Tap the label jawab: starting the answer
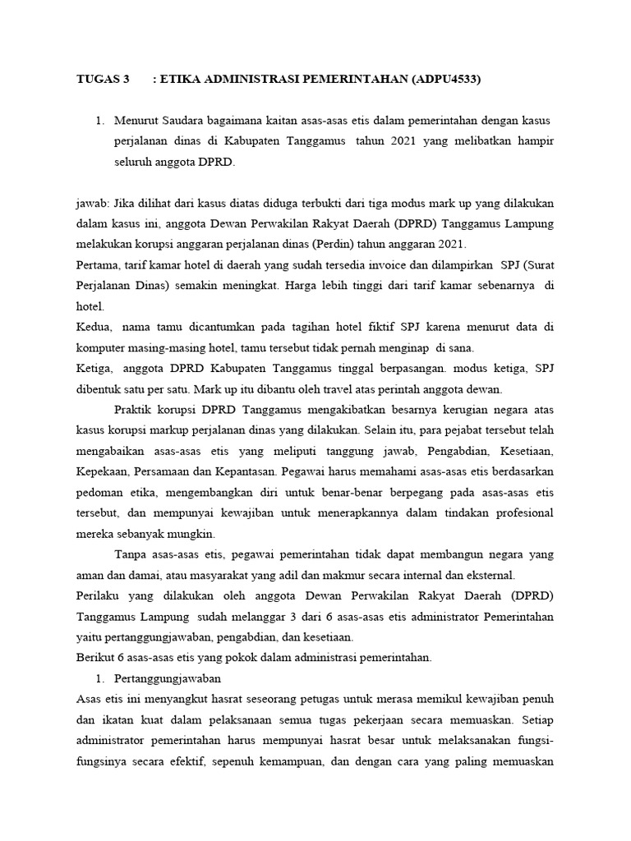point(91,203)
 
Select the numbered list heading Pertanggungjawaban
point(168,678)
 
